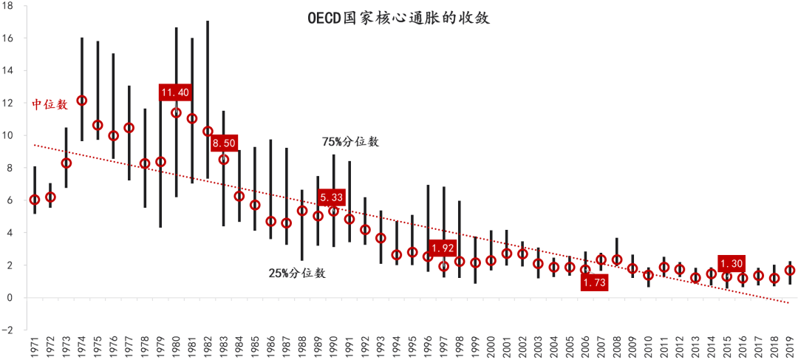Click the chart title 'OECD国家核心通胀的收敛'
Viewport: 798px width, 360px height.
tap(398, 18)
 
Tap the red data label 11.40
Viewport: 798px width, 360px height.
tap(176, 92)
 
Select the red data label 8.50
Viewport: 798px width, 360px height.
tap(224, 143)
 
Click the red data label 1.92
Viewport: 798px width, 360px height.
tap(443, 248)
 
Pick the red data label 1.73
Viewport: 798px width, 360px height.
tap(594, 282)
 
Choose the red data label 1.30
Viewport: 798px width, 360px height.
tap(731, 264)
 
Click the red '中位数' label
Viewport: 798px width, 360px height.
tap(50, 105)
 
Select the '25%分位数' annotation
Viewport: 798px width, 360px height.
tap(297, 273)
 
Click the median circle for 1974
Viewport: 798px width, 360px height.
tap(81, 101)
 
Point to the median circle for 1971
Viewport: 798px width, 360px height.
tap(34, 200)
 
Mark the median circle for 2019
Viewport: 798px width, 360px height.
tap(790, 271)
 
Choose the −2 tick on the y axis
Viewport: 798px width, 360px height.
tap(16, 330)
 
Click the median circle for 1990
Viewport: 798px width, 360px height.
tap(333, 211)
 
